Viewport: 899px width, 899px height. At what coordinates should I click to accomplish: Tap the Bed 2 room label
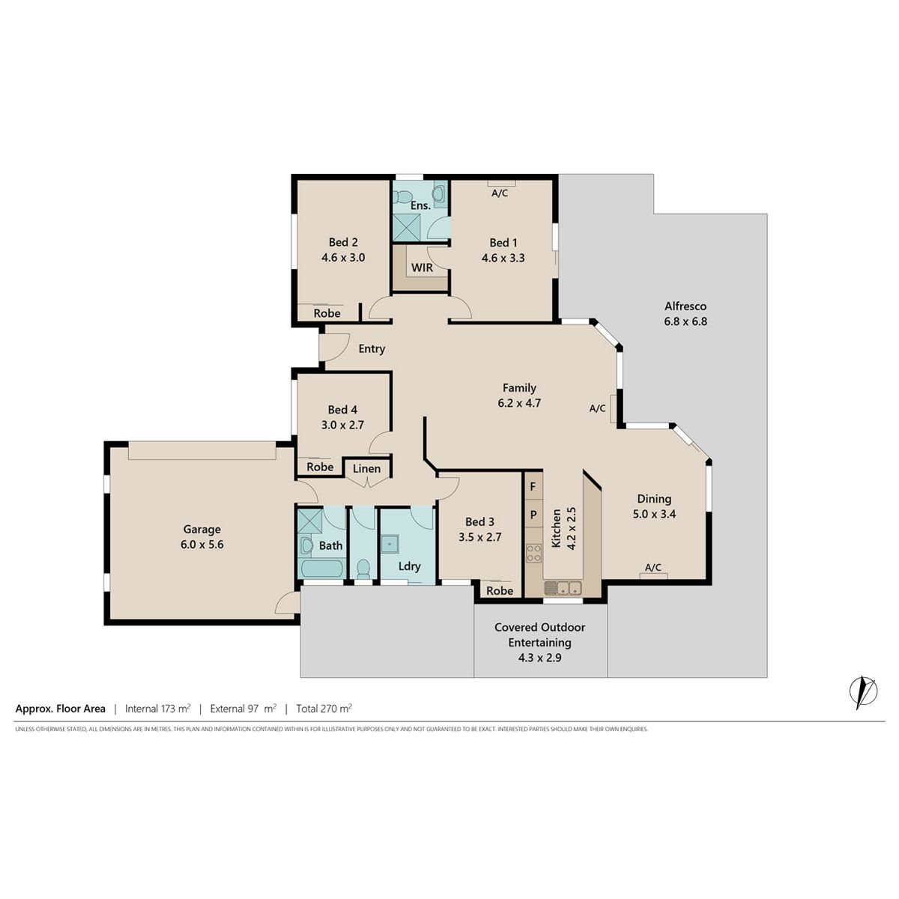coord(343,242)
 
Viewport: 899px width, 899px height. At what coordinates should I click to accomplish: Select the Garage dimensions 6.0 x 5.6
coord(202,545)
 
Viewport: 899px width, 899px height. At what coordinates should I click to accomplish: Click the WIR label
coord(422,267)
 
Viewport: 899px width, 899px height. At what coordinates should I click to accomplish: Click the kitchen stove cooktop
coord(533,554)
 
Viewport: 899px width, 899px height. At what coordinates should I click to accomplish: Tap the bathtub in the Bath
coord(321,568)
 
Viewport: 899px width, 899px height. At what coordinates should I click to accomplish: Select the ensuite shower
coord(405,227)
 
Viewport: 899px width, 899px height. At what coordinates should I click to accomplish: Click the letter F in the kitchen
coord(533,487)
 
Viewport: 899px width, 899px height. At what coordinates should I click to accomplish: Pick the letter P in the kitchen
coord(533,515)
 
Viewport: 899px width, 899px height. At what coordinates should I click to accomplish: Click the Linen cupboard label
coord(366,468)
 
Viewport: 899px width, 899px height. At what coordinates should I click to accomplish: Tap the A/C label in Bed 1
coord(500,193)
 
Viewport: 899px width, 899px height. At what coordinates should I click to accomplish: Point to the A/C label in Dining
coord(653,567)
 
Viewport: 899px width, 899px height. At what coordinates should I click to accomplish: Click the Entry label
coord(372,349)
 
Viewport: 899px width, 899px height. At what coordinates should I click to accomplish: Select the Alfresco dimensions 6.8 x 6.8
coord(685,321)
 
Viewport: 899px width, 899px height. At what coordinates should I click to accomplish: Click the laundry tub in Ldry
coord(390,544)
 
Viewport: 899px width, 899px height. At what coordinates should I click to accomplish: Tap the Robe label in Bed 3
coord(500,590)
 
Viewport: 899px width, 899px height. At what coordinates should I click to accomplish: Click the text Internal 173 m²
coord(157,709)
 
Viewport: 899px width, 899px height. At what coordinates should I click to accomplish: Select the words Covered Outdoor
coord(539,628)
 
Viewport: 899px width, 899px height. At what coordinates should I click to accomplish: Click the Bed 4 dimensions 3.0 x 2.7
coord(342,425)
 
